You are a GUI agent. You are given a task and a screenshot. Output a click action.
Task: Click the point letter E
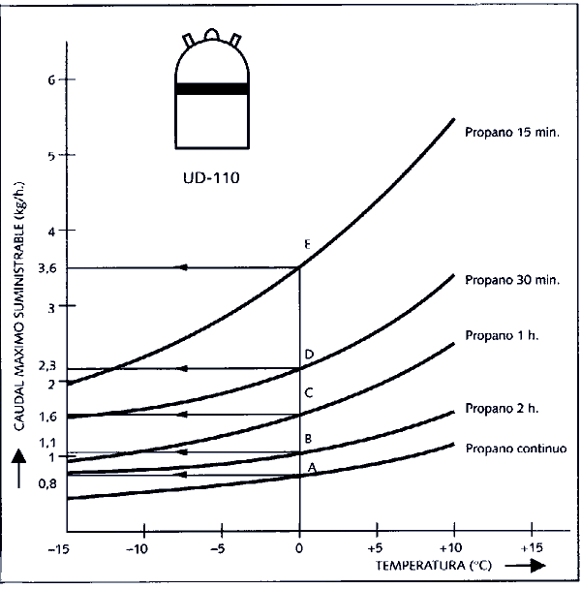[307, 244]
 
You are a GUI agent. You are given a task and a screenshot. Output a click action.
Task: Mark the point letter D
[309, 356]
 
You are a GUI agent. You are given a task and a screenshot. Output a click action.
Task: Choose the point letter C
[309, 392]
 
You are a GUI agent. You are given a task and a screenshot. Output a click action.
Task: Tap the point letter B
[308, 439]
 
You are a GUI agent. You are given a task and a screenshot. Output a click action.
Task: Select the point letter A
[312, 467]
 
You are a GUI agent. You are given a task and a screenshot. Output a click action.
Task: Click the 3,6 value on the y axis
[34, 267]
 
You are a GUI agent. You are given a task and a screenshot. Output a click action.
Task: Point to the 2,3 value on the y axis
[34, 365]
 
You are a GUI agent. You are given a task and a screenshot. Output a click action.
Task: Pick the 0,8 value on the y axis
[34, 482]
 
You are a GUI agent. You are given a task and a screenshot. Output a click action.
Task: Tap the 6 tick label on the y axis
[39, 80]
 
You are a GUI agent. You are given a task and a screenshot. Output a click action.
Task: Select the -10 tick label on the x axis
[143, 546]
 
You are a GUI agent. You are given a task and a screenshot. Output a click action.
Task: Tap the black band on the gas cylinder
[211, 89]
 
